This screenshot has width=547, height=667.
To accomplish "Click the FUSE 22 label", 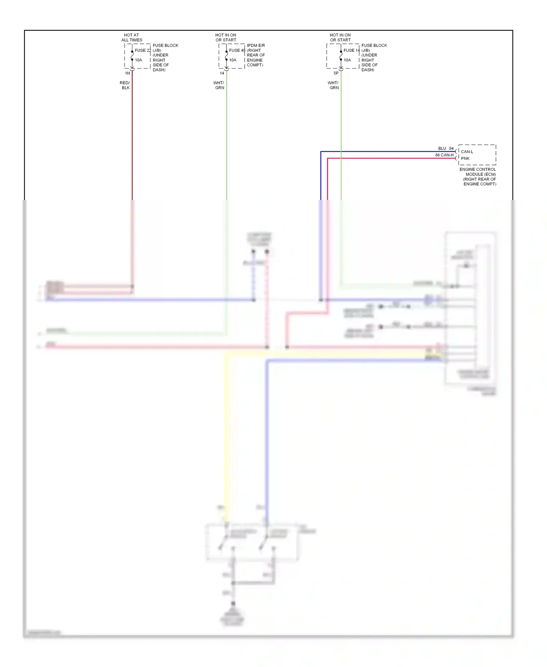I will (143, 50).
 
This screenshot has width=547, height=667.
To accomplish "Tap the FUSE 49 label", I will (237, 50).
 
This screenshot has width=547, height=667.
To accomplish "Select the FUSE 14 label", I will (352, 50).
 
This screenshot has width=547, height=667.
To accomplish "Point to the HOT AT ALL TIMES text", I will (132, 38).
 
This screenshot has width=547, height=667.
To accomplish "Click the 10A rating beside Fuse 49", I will (233, 60).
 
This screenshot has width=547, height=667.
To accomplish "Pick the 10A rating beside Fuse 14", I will (347, 60).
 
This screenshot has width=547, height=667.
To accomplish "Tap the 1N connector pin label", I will (128, 73).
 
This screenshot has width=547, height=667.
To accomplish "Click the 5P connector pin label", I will (336, 73).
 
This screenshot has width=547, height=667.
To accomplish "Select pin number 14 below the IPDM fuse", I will (222, 73).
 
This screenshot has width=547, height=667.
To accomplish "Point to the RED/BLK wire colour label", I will (125, 85).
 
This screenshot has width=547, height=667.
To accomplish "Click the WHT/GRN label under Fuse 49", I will (219, 85).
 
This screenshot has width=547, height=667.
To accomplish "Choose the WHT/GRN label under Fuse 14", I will (333, 85).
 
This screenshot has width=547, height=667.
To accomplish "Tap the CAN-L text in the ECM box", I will (467, 152).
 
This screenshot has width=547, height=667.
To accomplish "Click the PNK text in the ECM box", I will (465, 158).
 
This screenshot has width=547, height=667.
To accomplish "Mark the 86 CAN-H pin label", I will (444, 155).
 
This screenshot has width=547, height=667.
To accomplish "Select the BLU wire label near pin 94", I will (442, 149).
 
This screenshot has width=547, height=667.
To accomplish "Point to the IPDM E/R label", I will (256, 46).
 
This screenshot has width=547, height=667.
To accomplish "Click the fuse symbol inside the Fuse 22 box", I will (132, 55).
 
